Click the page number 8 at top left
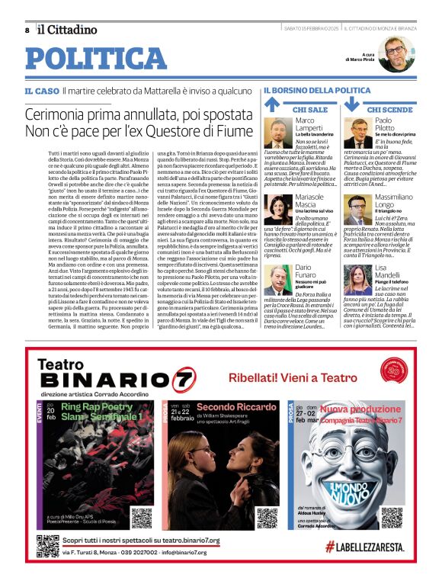tap(27, 30)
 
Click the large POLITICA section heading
tap(96, 59)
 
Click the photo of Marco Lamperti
tap(278, 133)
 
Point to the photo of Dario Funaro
tap(278, 279)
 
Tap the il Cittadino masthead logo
tap(67, 29)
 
